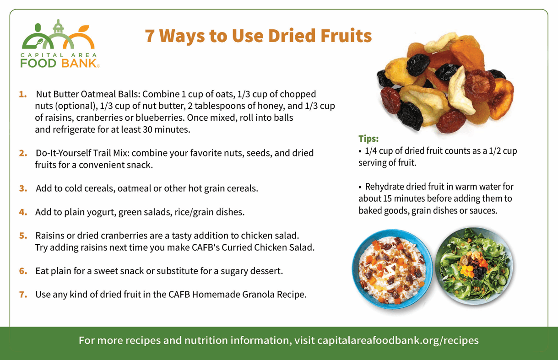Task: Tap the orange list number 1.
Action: (x=23, y=94)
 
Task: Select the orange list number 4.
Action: (x=23, y=212)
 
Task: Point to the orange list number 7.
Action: (x=23, y=295)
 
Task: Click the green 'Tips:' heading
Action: (x=368, y=139)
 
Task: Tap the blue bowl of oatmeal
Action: (x=392, y=269)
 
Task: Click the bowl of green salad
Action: (x=474, y=266)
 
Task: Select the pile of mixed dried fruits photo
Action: (x=445, y=83)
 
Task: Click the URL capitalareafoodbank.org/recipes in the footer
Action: (x=398, y=340)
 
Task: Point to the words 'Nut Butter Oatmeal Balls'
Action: (x=88, y=94)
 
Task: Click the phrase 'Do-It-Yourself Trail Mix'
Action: (x=82, y=153)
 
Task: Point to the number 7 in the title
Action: (x=150, y=36)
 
